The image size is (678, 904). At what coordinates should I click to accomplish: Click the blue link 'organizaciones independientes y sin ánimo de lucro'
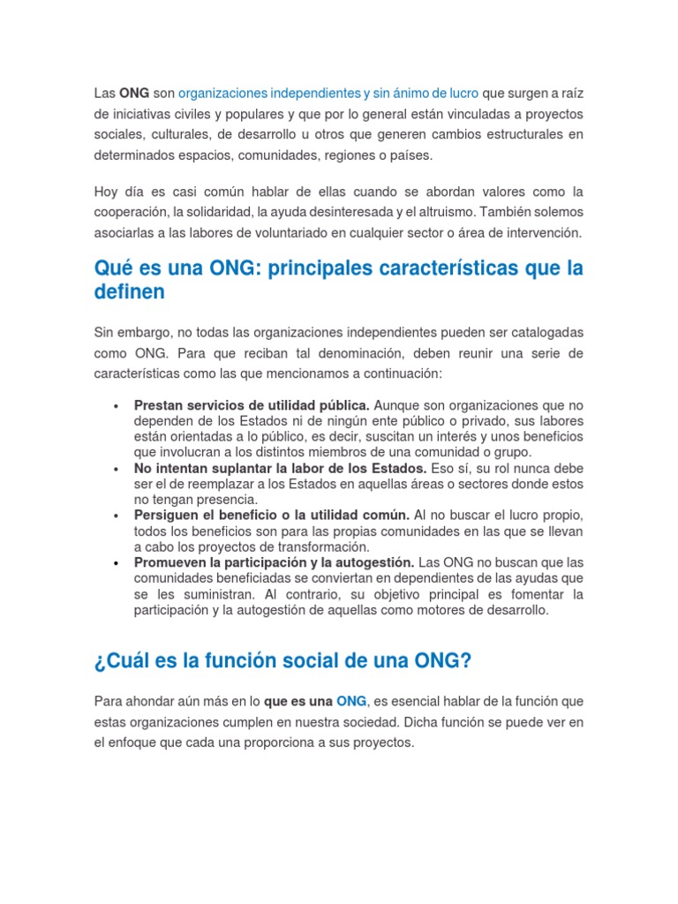[328, 93]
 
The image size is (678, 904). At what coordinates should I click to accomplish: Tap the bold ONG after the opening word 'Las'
[133, 93]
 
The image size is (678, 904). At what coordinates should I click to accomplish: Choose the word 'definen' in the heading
[129, 292]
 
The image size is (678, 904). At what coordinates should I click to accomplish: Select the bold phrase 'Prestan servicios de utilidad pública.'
[252, 405]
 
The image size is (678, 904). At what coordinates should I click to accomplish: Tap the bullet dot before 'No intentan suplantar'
[117, 469]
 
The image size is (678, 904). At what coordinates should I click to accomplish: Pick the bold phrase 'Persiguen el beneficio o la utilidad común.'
[272, 515]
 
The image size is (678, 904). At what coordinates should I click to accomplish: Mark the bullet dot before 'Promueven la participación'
[117, 562]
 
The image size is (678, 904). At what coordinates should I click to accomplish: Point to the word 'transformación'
[305, 546]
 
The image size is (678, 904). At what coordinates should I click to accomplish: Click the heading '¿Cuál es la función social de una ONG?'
[282, 661]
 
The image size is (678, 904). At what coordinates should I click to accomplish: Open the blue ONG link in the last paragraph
[351, 701]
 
